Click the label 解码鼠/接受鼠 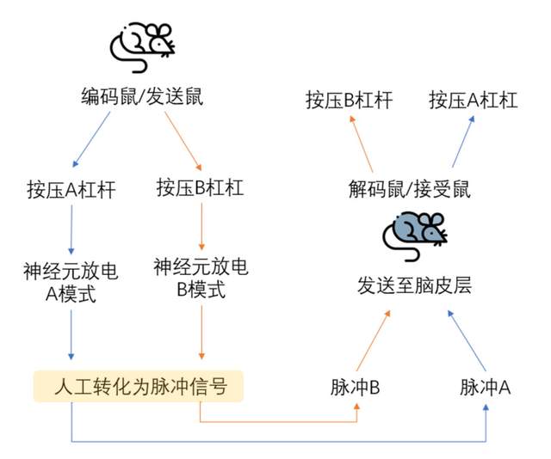[410, 188]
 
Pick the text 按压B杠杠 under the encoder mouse [201, 187]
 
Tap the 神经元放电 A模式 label [70, 284]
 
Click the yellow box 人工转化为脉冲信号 [139, 386]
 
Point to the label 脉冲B [356, 387]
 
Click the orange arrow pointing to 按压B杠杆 [361, 143]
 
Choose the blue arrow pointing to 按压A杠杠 [463, 143]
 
